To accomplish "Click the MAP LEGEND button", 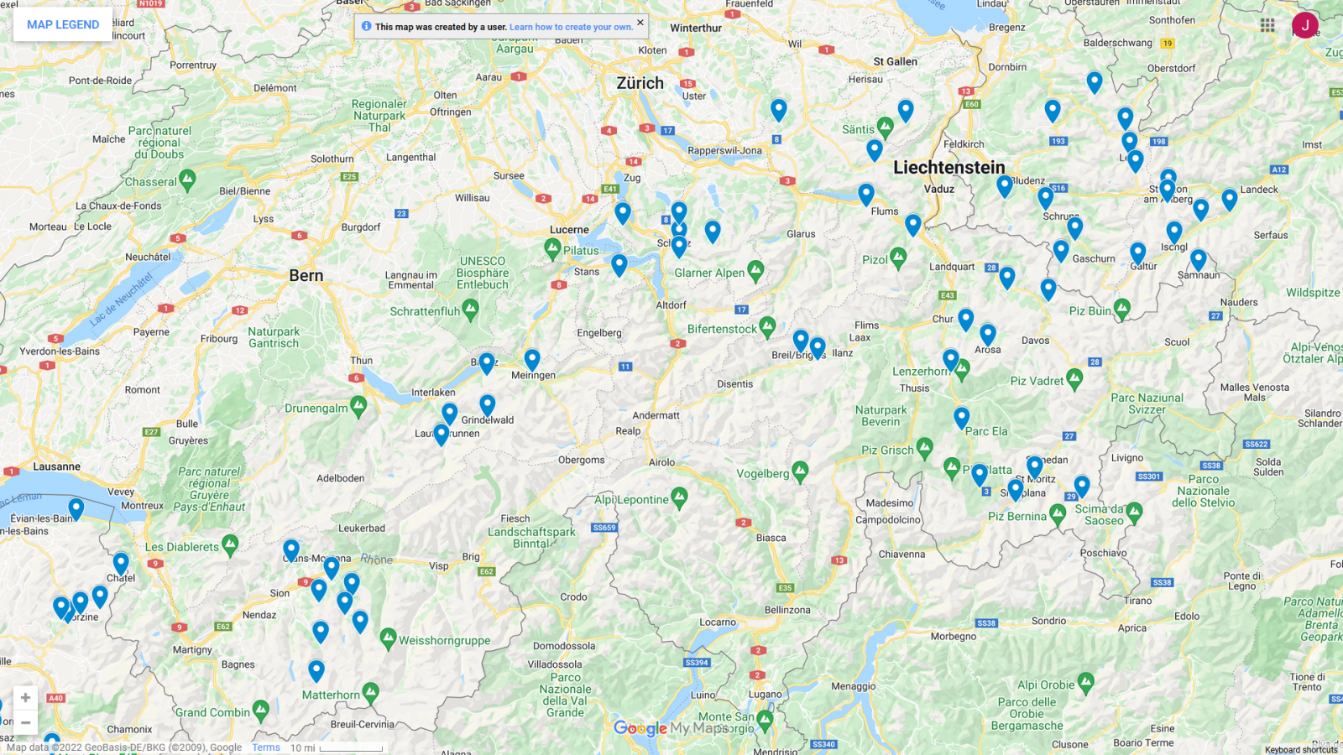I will click(63, 24).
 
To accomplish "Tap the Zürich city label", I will click(640, 83).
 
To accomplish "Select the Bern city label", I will click(306, 275).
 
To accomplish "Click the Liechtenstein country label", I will click(948, 167).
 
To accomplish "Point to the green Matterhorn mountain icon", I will click(371, 693).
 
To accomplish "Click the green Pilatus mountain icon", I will click(552, 248).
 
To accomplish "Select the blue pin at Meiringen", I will click(532, 360).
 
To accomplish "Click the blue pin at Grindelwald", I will click(488, 405).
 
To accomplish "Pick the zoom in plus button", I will click(25, 697).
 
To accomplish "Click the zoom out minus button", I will click(25, 722).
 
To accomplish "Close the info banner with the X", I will click(640, 23).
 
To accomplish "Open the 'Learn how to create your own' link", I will click(571, 27).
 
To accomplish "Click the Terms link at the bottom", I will click(266, 747).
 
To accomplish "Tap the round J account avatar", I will click(1304, 25).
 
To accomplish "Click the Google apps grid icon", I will click(1267, 25).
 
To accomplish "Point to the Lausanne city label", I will click(56, 466).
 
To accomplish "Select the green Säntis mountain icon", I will click(885, 127).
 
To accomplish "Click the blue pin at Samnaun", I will click(1199, 259).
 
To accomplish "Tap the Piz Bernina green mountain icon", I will click(1058, 514).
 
